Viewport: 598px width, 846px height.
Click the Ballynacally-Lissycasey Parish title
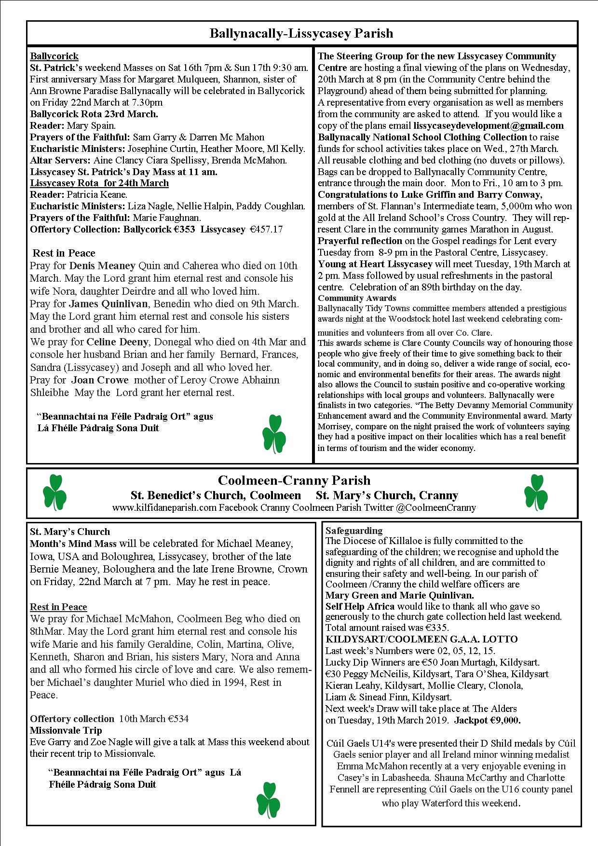pos(301,33)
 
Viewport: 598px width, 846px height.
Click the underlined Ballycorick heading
pos(54,56)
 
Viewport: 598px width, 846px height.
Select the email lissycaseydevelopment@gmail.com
pos(489,125)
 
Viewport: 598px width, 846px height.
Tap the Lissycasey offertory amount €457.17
pos(265,229)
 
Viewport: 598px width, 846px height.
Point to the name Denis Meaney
pos(102,266)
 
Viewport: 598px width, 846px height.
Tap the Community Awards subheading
pos(357,298)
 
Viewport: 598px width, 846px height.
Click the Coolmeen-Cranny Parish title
pos(294,480)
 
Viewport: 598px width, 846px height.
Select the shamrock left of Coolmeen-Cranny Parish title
pos(54,492)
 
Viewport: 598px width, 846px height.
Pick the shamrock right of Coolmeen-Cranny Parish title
pos(535,492)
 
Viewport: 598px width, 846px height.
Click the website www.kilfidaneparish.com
pos(164,507)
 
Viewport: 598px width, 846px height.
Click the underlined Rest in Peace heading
pos(58,607)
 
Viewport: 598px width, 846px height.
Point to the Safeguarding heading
pos(353,531)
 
